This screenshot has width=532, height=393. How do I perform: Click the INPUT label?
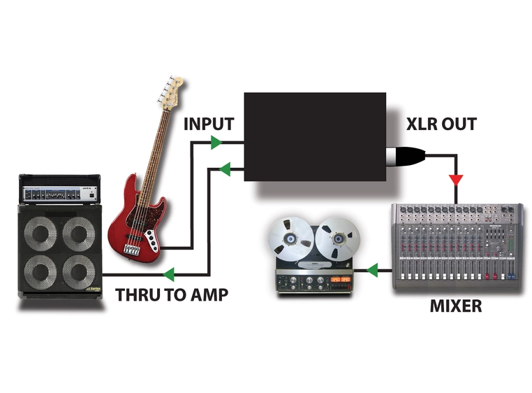point(208,124)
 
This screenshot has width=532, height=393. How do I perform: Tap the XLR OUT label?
point(441,124)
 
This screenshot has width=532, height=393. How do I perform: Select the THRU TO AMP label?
point(172,295)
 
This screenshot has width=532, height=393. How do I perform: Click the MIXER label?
point(455,306)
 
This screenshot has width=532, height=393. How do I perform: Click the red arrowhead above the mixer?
point(455,180)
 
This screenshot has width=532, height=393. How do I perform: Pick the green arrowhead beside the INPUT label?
point(217,143)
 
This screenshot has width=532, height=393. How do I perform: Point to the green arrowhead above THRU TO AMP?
point(168,273)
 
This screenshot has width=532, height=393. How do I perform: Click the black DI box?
point(314,136)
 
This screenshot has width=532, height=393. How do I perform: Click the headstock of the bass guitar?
point(175,90)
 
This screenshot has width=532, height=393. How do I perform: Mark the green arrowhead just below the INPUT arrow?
point(225,168)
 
